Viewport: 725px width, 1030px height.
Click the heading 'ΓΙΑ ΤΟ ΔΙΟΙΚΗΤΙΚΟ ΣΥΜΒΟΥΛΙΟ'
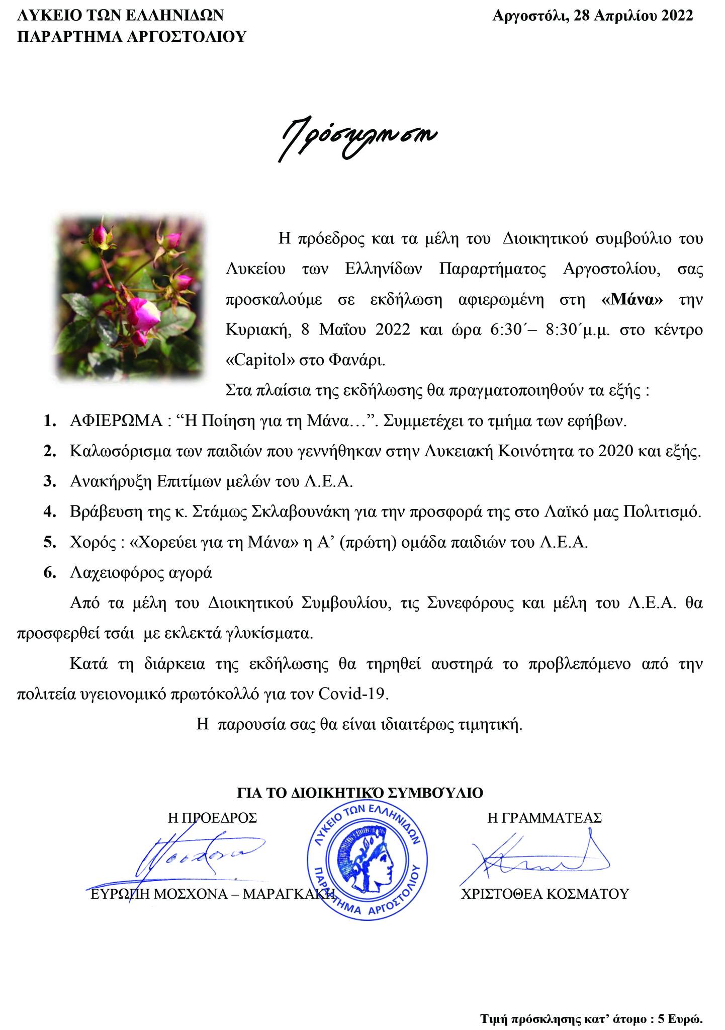360,793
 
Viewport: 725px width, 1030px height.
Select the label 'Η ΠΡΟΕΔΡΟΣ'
212,817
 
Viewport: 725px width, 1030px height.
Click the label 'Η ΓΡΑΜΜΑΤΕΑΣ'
545,817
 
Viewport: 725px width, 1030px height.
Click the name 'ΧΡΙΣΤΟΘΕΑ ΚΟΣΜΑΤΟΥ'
545,894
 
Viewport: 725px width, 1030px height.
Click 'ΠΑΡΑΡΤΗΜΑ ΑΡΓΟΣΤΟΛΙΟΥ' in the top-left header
131,36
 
